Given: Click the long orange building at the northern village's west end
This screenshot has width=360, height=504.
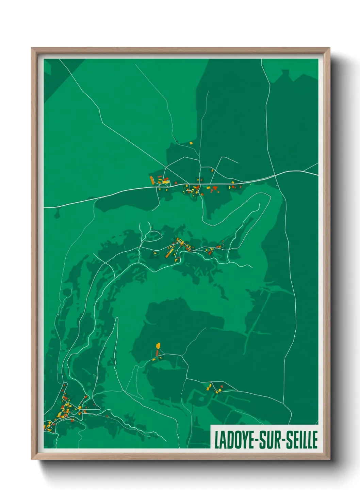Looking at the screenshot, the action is pos(152,180).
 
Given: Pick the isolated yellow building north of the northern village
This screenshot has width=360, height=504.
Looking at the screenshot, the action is pos(191,143).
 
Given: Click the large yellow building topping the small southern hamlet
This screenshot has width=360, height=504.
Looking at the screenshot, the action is pos(158,346).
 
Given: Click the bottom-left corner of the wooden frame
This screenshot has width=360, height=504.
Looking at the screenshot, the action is pos(32,459).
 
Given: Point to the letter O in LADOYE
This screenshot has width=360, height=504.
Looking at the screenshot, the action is pos(237,440).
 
